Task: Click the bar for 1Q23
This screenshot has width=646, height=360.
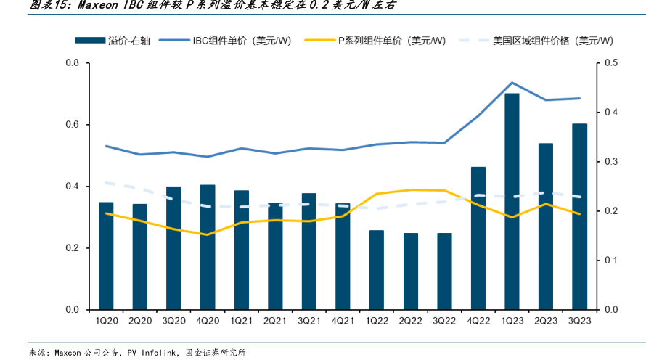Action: point(512,202)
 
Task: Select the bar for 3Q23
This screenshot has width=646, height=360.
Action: point(580,216)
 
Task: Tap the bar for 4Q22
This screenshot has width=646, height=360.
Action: point(478,238)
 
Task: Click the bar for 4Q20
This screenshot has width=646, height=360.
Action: point(208,247)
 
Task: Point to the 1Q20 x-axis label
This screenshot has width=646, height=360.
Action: point(106,320)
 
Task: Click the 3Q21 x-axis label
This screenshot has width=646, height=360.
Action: point(309,320)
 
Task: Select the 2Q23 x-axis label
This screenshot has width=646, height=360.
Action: point(546,320)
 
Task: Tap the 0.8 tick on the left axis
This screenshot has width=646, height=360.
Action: point(72,63)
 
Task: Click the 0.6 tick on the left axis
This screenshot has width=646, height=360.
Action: point(72,125)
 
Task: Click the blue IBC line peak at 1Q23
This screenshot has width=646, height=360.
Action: point(512,83)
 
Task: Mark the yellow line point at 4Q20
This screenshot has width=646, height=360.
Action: point(208,234)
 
